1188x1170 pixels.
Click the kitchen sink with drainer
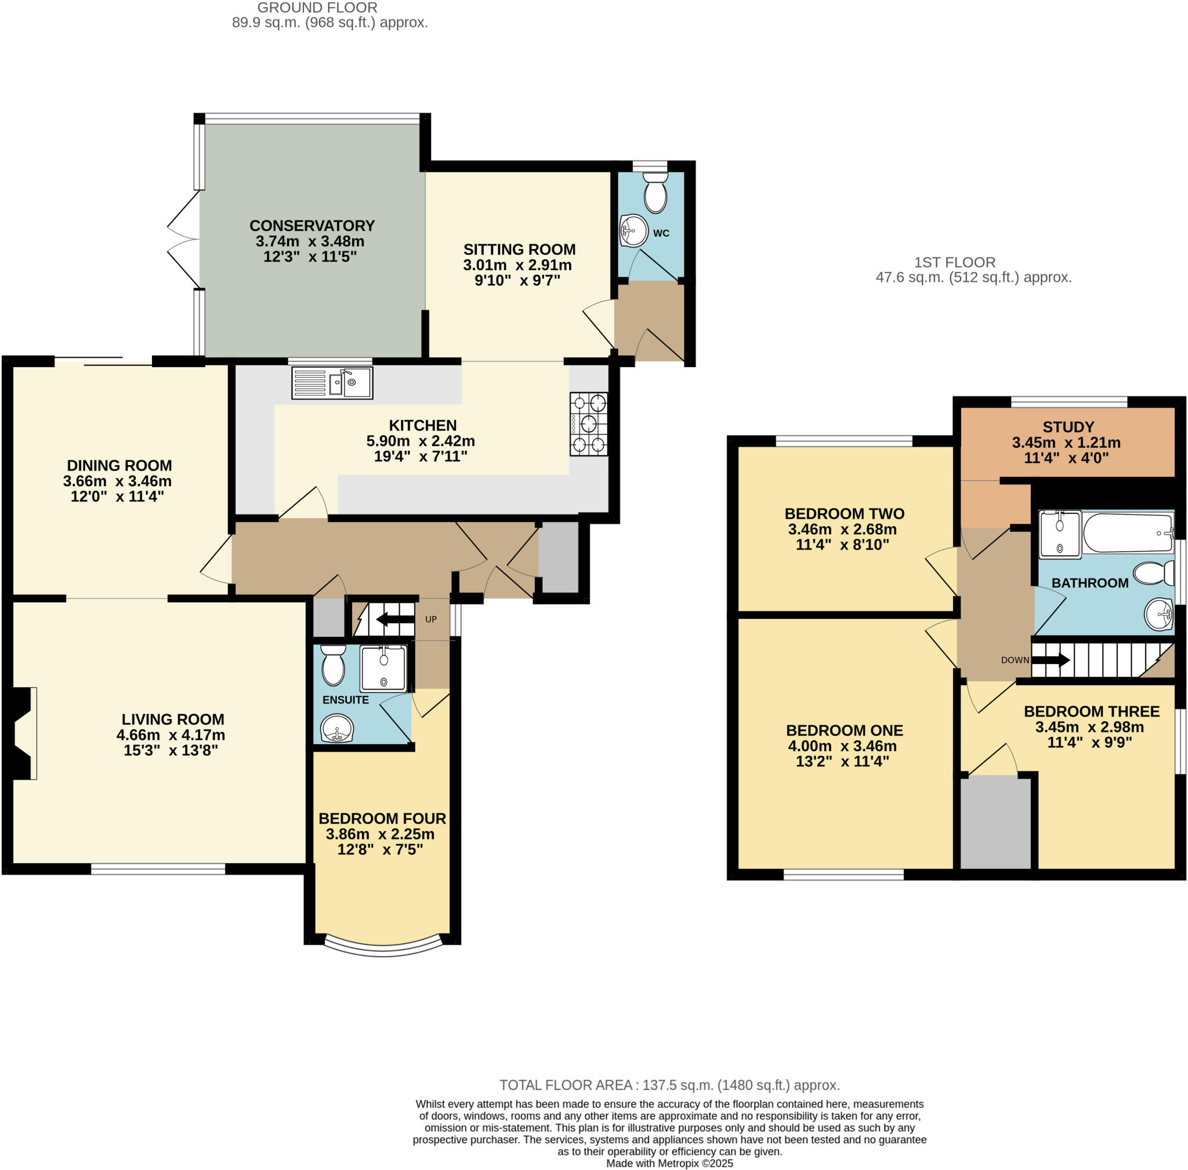[331, 382]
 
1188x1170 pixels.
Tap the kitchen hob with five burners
[588, 423]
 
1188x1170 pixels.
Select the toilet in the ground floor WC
[655, 192]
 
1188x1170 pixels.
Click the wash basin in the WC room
[633, 230]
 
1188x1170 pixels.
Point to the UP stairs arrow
[394, 619]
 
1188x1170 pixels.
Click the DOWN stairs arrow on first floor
[1050, 660]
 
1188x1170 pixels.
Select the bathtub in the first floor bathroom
[1128, 532]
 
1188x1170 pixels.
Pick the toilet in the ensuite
[333, 665]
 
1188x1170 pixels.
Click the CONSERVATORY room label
[312, 226]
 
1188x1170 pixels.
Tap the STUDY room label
[1067, 426]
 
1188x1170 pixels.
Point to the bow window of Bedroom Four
[382, 948]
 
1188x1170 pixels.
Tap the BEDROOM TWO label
[844, 513]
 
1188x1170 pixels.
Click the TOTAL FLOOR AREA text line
[669, 1085]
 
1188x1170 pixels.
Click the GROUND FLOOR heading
[317, 8]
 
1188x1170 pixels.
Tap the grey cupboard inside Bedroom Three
[995, 822]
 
